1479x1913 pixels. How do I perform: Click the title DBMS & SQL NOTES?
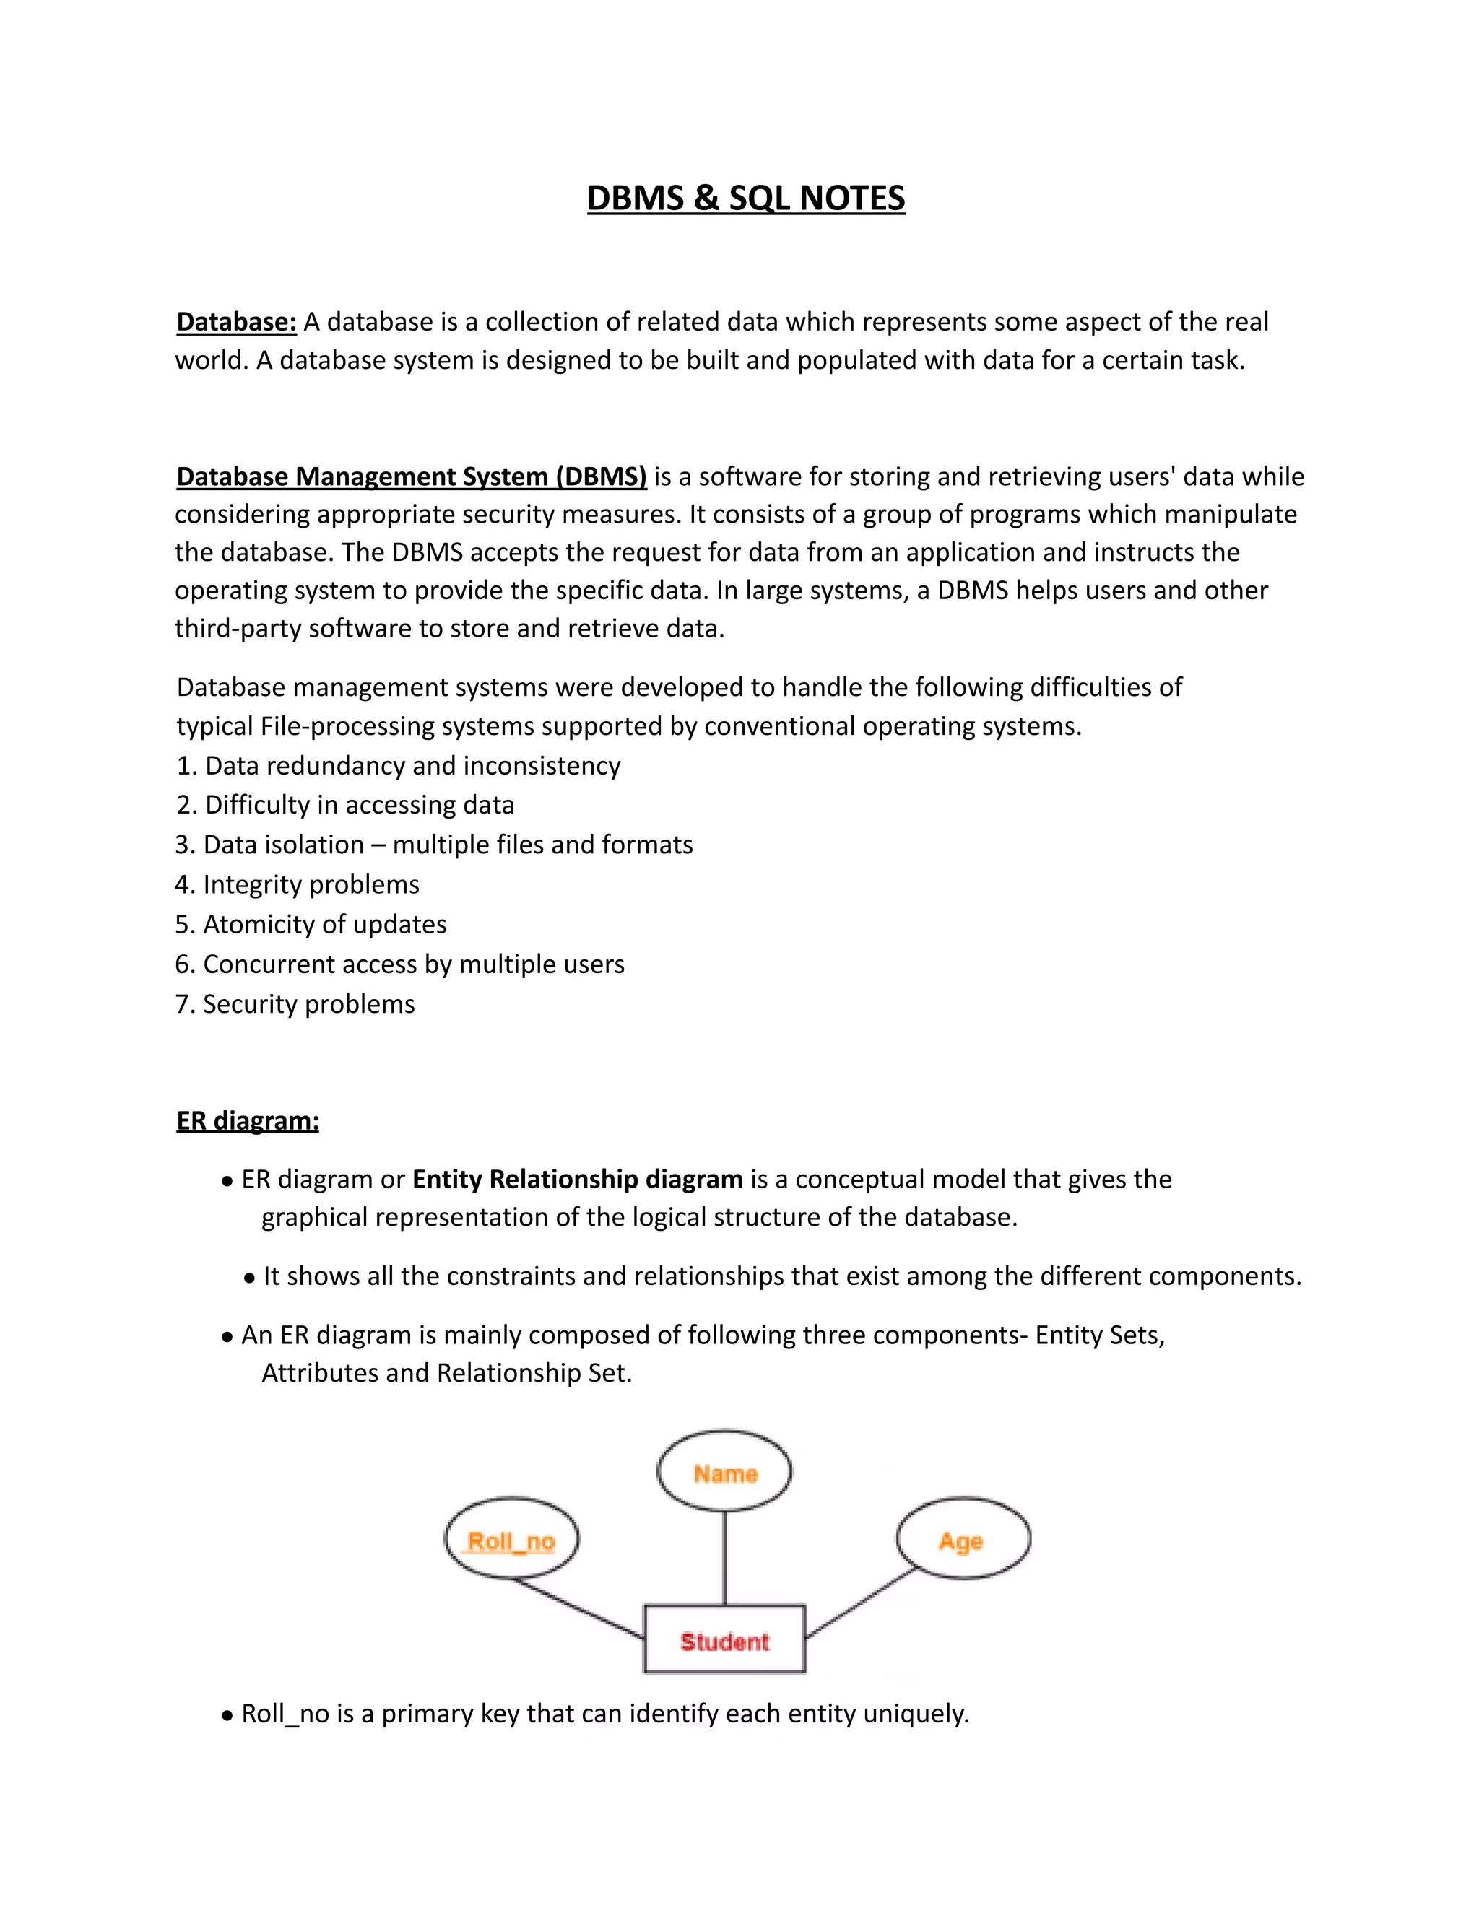tap(745, 198)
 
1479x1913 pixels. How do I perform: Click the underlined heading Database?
tap(237, 323)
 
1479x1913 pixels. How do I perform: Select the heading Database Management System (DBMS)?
tap(411, 476)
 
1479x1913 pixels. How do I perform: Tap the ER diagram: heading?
tap(247, 1120)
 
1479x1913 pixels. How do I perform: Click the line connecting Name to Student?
tap(724, 1557)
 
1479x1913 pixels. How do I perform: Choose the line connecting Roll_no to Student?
tap(578, 1608)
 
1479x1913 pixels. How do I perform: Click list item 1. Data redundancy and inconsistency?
tap(399, 765)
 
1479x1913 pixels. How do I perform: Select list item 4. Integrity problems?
tap(297, 885)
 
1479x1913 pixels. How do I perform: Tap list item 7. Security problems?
tap(295, 1004)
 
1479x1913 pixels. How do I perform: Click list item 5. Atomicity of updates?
tap(311, 924)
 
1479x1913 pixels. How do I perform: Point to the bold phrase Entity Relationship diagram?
tap(578, 1179)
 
